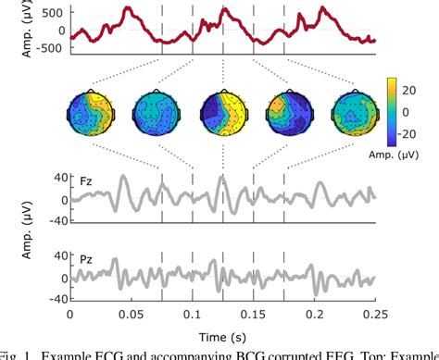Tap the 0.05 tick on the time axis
pos(130,315)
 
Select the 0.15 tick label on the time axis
pos(253,315)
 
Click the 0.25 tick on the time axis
pos(375,315)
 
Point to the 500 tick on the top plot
pos(52,12)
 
